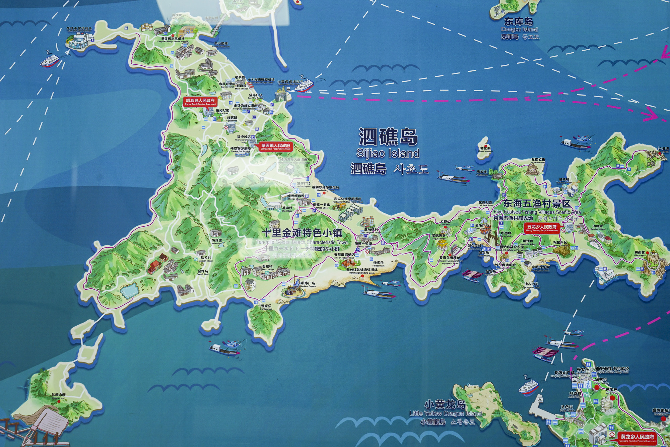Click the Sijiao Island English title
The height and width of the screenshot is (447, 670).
click(x=388, y=153)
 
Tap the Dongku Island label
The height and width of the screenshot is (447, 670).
click(x=519, y=29)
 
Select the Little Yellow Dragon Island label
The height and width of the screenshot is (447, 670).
click(x=446, y=413)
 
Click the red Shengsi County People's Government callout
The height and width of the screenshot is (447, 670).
click(x=200, y=102)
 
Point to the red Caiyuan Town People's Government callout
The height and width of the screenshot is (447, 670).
click(x=276, y=147)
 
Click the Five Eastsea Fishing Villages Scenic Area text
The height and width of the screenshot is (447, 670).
click(x=537, y=212)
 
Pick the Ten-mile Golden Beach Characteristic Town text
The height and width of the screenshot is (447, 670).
click(x=302, y=242)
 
